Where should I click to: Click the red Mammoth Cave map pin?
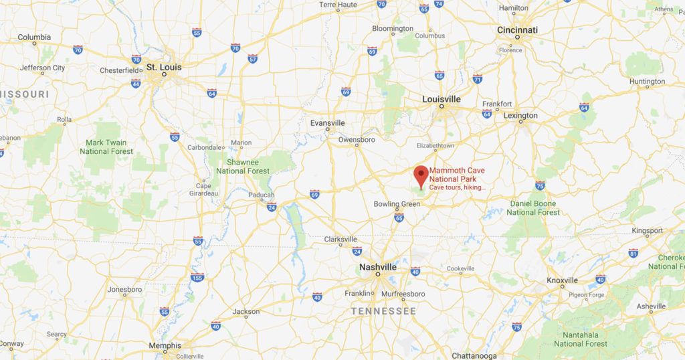point(421,175)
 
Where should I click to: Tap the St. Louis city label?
point(164,67)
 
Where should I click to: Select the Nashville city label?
point(377,267)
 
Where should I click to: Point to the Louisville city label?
point(442,99)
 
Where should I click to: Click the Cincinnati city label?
point(517,30)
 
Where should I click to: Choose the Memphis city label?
point(165,345)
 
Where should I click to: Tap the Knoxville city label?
point(562,280)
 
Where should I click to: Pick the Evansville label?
point(328,123)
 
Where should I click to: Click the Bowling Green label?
point(397,203)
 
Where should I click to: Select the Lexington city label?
point(520,116)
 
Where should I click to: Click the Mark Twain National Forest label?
point(107,147)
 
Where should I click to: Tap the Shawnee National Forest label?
point(243,167)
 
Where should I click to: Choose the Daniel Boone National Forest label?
point(533,207)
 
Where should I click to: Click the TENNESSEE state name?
point(383,311)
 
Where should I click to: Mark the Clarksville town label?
point(340,240)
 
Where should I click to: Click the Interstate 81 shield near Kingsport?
point(633,253)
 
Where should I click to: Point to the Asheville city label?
point(651,306)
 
